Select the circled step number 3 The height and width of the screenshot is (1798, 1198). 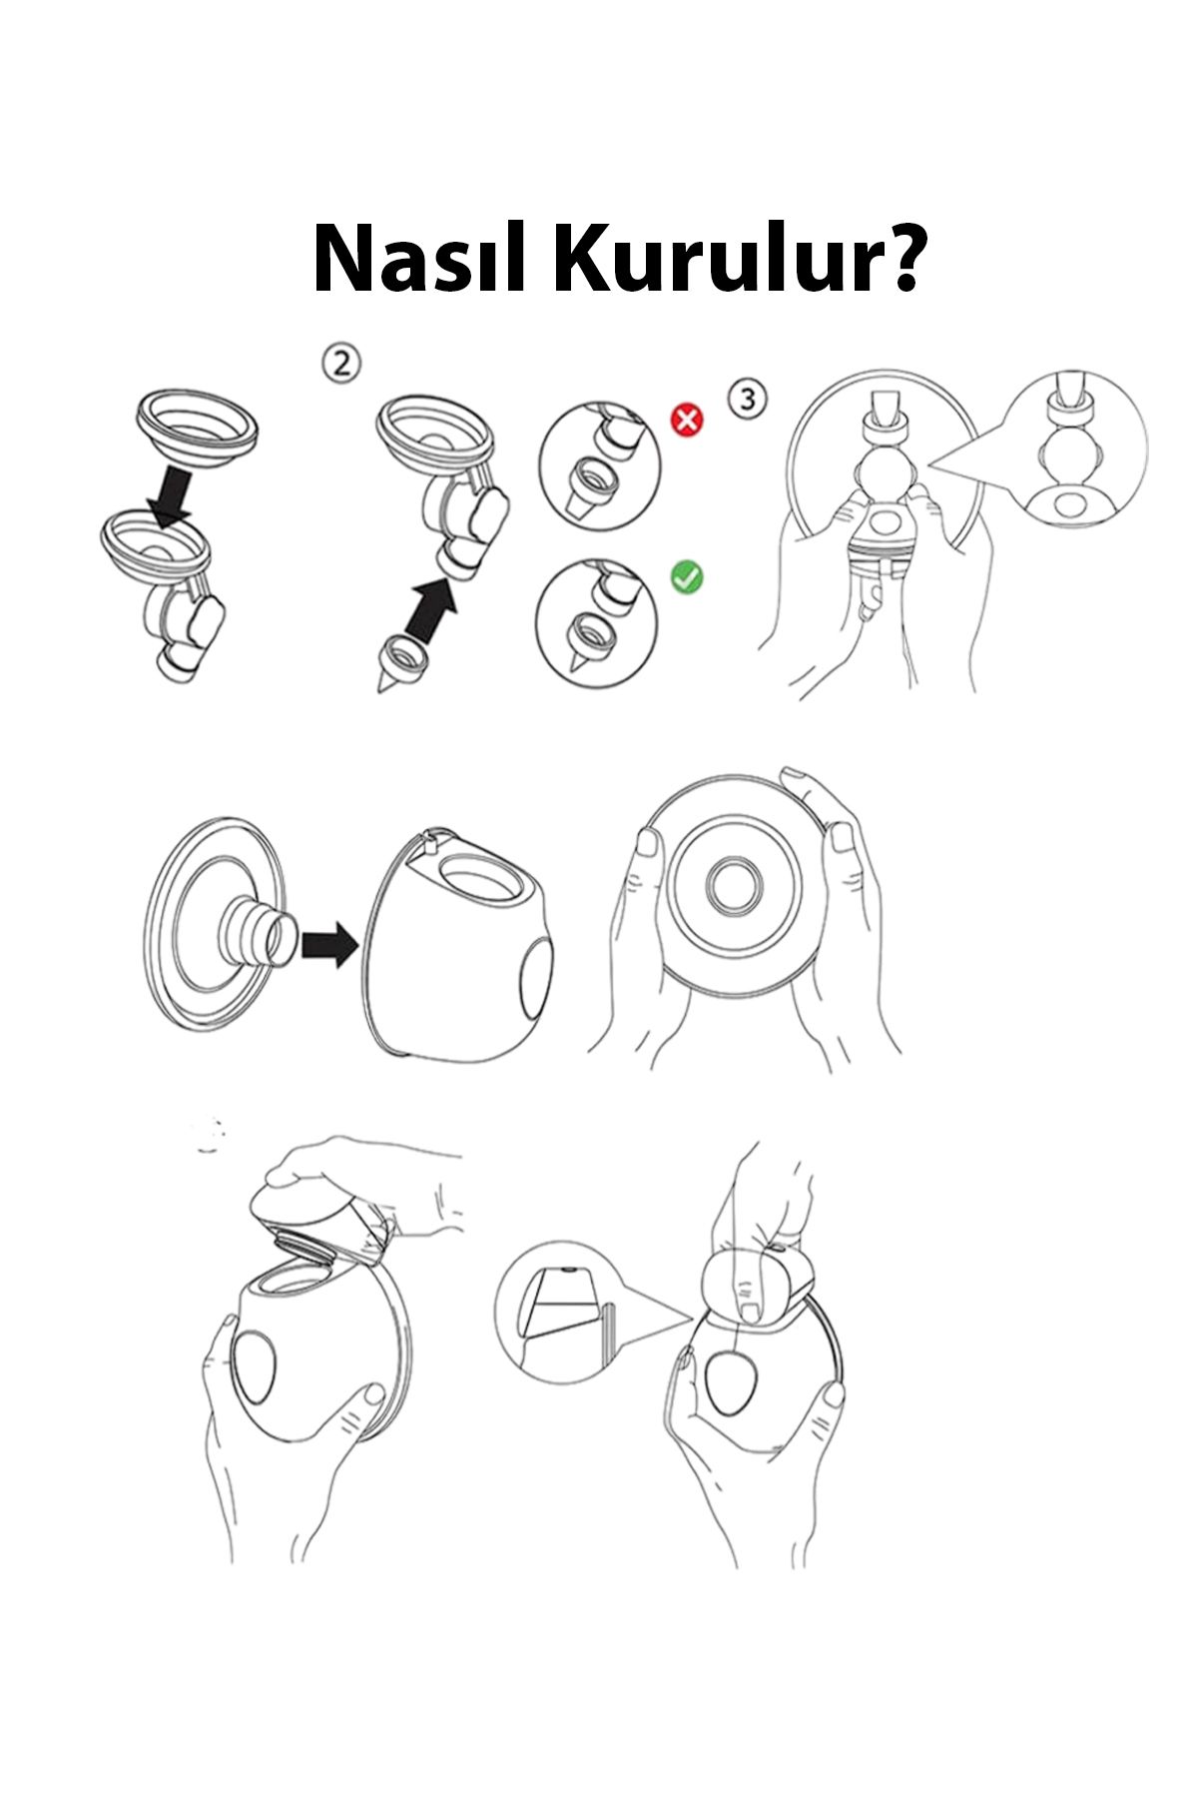point(749,398)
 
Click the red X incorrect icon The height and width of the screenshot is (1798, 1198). point(687,421)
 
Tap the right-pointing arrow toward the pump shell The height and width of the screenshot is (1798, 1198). point(328,941)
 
